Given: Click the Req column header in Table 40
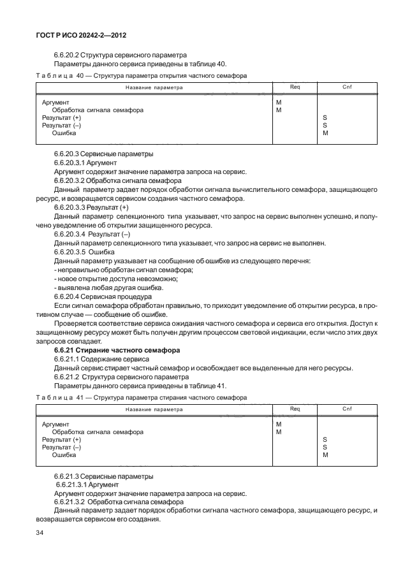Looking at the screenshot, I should (x=295, y=87).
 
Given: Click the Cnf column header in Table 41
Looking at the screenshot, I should (x=347, y=409).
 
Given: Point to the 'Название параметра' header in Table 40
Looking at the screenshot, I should (x=154, y=88).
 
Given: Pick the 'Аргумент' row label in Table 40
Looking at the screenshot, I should (x=55, y=102).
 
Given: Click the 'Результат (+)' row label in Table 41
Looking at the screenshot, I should (x=61, y=439).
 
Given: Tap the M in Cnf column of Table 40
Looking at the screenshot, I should (x=325, y=133).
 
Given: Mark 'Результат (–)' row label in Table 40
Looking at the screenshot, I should (x=61, y=126).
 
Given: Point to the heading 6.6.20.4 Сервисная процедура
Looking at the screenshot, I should (x=103, y=296).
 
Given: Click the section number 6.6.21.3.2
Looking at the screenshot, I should (x=73, y=502).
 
